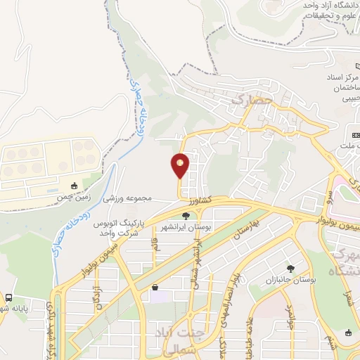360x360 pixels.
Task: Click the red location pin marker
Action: click(x=180, y=166)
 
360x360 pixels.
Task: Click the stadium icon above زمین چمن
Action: click(x=75, y=186)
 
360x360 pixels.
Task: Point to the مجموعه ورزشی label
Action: click(x=128, y=198)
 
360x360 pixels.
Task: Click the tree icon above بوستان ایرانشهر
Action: click(x=186, y=216)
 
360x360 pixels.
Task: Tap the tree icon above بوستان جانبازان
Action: click(x=290, y=268)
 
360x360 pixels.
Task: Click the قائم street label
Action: click(x=155, y=246)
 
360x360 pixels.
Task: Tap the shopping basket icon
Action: click(x=155, y=287)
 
